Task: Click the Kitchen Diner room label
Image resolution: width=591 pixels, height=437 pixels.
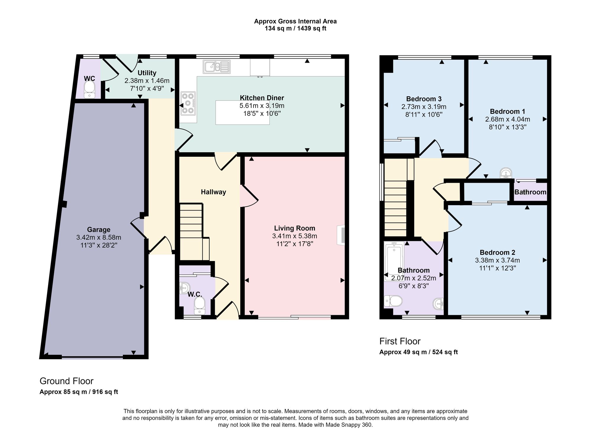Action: pyautogui.click(x=262, y=98)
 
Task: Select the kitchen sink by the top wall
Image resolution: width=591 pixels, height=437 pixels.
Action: pyautogui.click(x=217, y=67)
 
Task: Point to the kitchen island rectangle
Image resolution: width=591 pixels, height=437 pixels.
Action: pyautogui.click(x=242, y=112)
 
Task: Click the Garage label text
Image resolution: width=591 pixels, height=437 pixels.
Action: pyautogui.click(x=99, y=230)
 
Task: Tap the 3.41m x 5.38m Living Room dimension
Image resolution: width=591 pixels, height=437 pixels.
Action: pyautogui.click(x=295, y=236)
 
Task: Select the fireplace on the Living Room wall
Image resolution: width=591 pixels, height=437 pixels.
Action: pyautogui.click(x=341, y=235)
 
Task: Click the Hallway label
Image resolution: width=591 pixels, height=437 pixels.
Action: pyautogui.click(x=213, y=192)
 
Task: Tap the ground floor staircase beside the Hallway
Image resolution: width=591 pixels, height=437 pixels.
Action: pyautogui.click(x=194, y=231)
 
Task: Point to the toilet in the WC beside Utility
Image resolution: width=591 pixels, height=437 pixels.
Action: pyautogui.click(x=89, y=90)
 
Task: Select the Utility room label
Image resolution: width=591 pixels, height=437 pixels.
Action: pyautogui.click(x=147, y=73)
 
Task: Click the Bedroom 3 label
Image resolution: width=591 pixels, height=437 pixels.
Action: pyautogui.click(x=424, y=99)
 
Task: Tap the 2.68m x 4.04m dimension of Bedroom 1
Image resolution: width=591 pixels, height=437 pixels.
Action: pyautogui.click(x=508, y=119)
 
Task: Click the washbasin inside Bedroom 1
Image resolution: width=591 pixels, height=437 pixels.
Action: pyautogui.click(x=506, y=173)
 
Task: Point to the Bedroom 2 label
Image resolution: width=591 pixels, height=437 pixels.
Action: pyautogui.click(x=498, y=253)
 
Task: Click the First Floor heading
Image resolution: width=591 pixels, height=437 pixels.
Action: pyautogui.click(x=400, y=341)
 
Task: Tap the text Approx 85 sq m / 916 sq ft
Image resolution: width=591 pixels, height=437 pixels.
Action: pyautogui.click(x=79, y=392)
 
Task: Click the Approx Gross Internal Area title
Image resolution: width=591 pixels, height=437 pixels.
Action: pyautogui.click(x=295, y=21)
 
